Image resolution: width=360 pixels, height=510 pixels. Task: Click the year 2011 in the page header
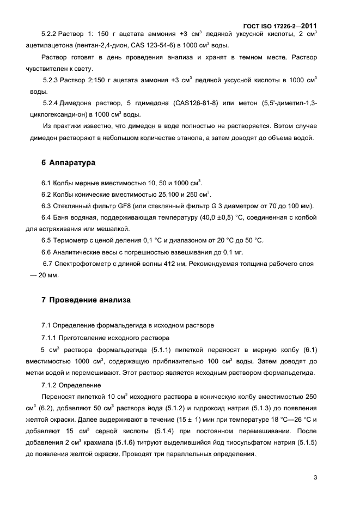(307, 26)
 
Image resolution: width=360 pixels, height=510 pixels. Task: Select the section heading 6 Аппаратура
(69, 162)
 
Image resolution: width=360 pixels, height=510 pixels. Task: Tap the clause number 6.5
(48, 240)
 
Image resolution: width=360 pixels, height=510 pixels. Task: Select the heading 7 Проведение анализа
(86, 300)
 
